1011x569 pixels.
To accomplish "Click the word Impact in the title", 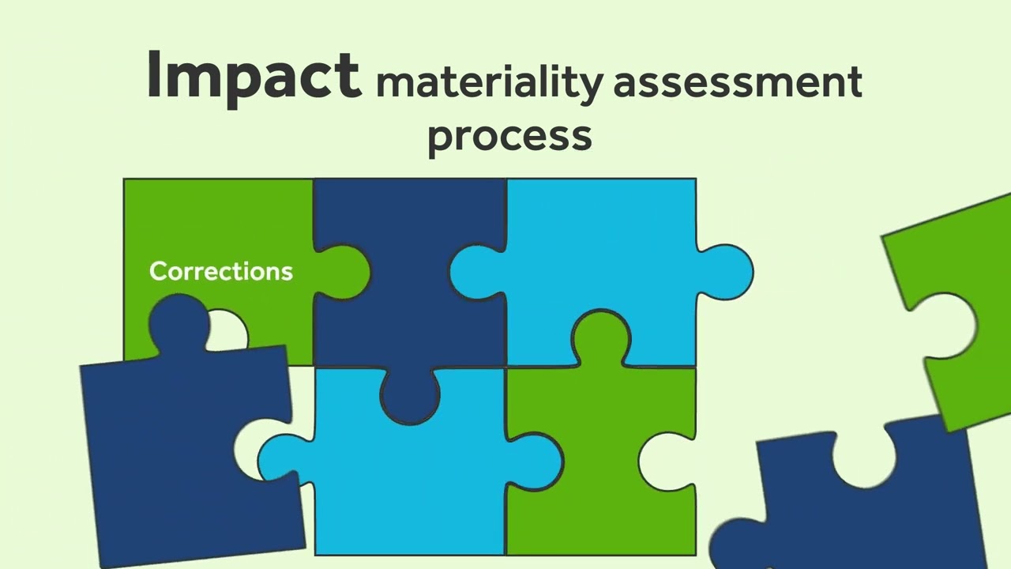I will click(x=253, y=76).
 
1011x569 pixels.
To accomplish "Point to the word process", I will click(x=509, y=136).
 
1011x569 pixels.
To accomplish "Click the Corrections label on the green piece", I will click(x=221, y=272).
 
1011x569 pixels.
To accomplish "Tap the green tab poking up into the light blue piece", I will click(x=600, y=336).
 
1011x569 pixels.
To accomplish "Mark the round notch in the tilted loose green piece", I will click(x=952, y=324).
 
